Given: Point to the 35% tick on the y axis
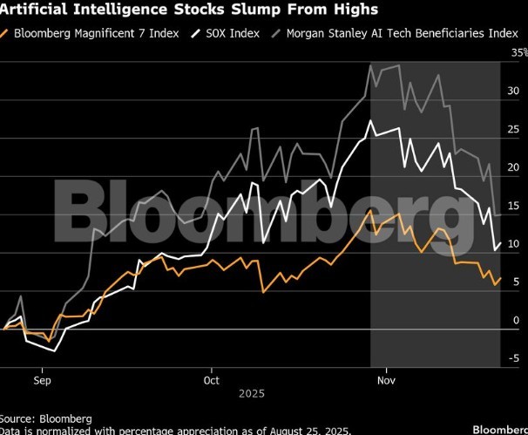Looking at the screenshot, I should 518,53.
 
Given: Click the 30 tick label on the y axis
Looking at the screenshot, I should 514,92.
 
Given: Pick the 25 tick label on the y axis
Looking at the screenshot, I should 514,130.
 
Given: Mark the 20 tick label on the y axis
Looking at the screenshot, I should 514,167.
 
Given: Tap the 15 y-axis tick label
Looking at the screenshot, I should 514,206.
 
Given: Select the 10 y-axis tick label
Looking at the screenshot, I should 514,244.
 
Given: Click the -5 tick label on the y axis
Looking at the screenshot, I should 514,358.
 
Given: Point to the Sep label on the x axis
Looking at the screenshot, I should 40,380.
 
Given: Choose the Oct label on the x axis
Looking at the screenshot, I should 211,380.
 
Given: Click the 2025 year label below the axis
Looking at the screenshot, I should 251,395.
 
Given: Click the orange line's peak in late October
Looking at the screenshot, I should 371,210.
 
